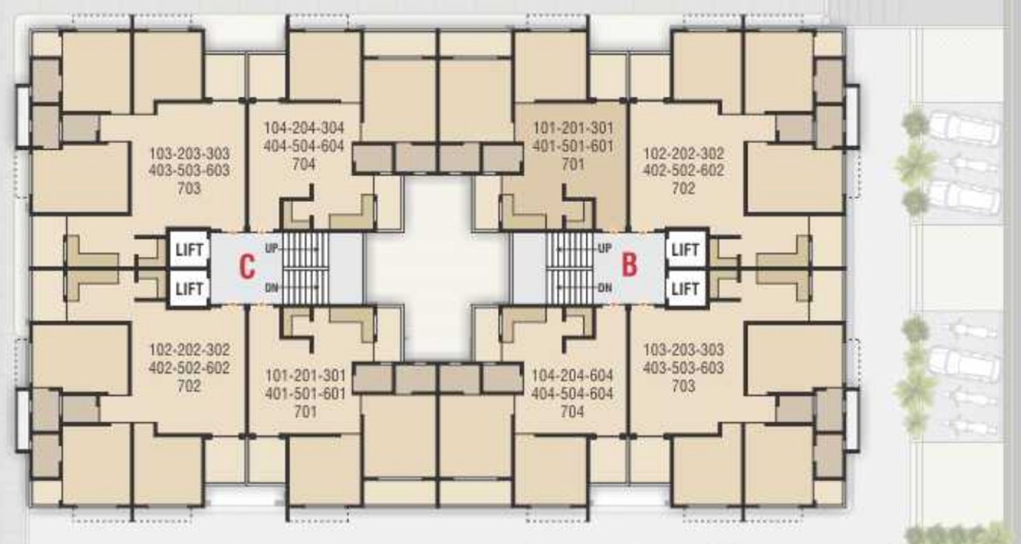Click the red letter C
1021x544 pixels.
pos(247,267)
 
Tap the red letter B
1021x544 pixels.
pos(630,264)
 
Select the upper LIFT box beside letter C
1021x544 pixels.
pos(189,249)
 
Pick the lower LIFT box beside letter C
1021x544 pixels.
pos(189,288)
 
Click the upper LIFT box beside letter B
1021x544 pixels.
pos(685,249)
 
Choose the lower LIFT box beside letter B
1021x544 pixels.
pos(685,288)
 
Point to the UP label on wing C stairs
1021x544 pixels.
pos(272,248)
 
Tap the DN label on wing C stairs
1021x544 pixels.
pos(272,288)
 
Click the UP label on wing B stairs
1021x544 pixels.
pos(604,248)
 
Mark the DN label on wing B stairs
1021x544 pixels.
pos(604,288)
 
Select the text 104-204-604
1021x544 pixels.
pos(573,375)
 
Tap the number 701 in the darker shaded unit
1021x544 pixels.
pos(573,165)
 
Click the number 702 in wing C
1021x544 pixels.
pos(189,385)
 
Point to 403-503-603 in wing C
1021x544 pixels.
pos(189,171)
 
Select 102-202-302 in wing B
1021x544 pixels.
pos(683,153)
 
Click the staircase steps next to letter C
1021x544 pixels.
pos(300,268)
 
